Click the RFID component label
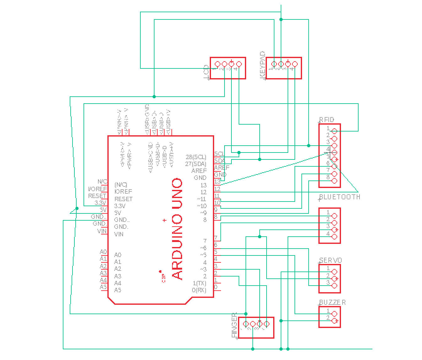(327, 120)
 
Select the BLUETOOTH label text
(339, 197)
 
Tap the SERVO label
(330, 260)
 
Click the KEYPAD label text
(263, 65)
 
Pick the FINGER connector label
(234, 326)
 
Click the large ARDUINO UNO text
(177, 229)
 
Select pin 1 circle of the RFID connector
(334, 131)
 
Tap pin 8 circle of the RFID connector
(334, 181)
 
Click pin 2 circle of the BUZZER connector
(334, 321)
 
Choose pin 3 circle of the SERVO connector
(334, 286)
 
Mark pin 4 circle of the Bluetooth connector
(334, 237)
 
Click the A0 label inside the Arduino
(117, 255)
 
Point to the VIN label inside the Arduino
(119, 234)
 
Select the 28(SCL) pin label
(196, 157)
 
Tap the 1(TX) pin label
(199, 283)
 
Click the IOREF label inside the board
(123, 191)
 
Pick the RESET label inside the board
(123, 199)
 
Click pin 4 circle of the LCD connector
(239, 64)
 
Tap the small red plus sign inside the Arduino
(164, 220)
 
